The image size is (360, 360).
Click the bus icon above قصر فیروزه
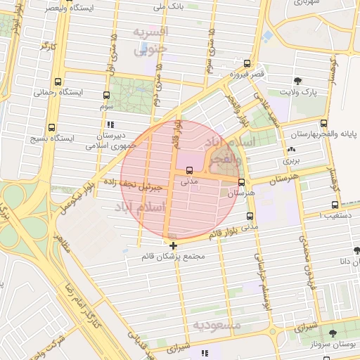(246, 63)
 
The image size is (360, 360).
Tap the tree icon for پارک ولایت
(297, 81)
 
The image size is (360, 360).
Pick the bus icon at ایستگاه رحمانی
(58, 82)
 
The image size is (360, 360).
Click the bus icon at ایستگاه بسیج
(51, 128)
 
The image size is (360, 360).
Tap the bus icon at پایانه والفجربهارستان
(323, 123)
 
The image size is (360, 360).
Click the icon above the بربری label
(291, 150)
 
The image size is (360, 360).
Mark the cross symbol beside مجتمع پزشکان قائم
(174, 245)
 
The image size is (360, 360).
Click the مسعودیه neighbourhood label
(217, 325)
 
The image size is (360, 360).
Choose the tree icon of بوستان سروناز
(333, 333)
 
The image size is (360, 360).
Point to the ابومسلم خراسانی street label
(266, 282)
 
